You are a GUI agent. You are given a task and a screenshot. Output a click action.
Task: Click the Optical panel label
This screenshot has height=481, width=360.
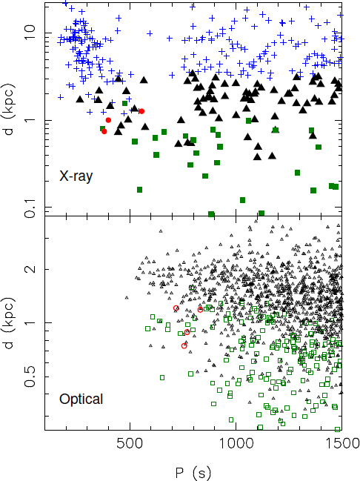(x=81, y=399)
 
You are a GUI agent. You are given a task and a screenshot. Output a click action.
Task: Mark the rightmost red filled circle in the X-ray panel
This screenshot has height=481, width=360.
(x=141, y=111)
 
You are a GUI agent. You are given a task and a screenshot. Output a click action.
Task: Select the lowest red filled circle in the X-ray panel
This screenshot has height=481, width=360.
(x=104, y=131)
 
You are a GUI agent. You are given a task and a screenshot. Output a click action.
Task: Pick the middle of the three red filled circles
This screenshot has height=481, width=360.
(x=109, y=120)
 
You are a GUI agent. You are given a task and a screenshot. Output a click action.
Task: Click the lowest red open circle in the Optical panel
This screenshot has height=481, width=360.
(x=184, y=345)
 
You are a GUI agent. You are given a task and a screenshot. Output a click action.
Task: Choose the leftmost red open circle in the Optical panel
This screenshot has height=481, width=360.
(x=176, y=308)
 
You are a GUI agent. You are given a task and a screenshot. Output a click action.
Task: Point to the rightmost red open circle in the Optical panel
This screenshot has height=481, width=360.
(x=201, y=309)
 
